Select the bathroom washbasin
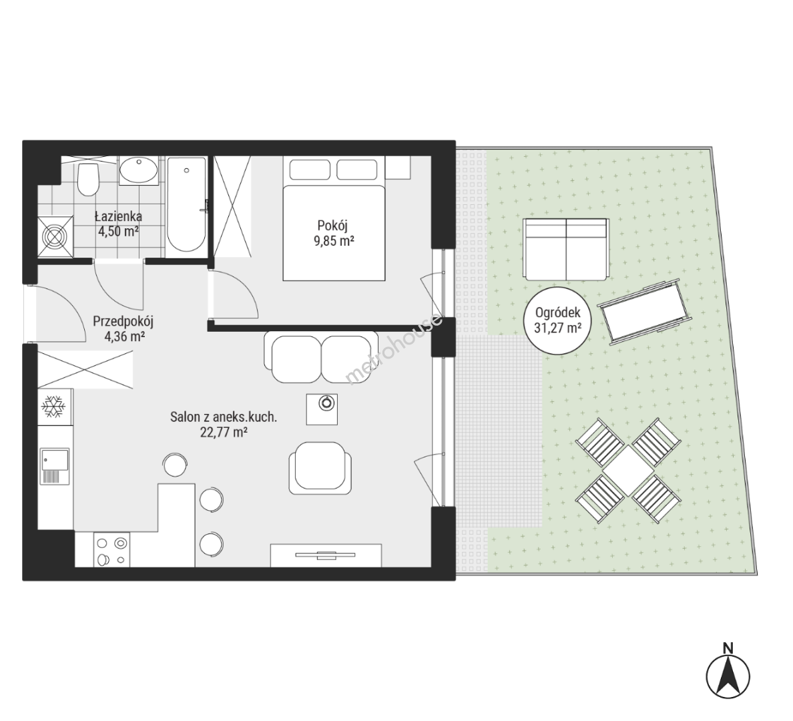click(x=139, y=170)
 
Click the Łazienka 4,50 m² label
click(x=118, y=224)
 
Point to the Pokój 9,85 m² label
click(x=333, y=233)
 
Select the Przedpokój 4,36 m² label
click(x=123, y=328)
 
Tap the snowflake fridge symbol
click(x=53, y=407)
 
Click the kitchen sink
click(x=55, y=466)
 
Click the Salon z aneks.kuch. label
click(x=224, y=417)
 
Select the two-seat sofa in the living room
click(x=321, y=356)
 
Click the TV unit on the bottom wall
click(x=326, y=555)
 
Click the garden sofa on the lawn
click(x=566, y=249)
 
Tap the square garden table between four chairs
click(x=627, y=471)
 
